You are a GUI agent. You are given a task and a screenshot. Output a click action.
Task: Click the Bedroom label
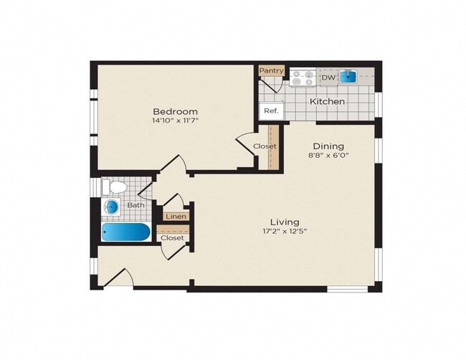pyautogui.click(x=175, y=111)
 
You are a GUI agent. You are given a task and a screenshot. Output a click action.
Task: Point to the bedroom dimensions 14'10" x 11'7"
pyautogui.click(x=175, y=122)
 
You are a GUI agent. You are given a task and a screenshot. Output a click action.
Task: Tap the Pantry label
pyautogui.click(x=272, y=70)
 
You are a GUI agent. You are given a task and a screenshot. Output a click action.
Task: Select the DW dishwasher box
pyautogui.click(x=328, y=77)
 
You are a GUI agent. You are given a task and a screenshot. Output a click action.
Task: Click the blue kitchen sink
pyautogui.click(x=348, y=76)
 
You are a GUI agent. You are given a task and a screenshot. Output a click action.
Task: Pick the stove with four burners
pyautogui.click(x=303, y=77)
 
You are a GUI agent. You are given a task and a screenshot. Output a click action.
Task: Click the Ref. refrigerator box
pyautogui.click(x=271, y=111)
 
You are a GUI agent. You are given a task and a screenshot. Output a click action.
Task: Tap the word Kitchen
pyautogui.click(x=327, y=102)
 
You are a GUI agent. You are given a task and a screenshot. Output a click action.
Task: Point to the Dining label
pyautogui.click(x=328, y=146)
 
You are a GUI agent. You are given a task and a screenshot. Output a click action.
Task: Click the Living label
pyautogui.click(x=285, y=222)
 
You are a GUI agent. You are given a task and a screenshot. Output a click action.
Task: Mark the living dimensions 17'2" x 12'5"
pyautogui.click(x=285, y=232)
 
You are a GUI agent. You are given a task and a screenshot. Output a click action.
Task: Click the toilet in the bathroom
pyautogui.click(x=115, y=187)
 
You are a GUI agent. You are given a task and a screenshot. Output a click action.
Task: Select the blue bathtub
pyautogui.click(x=125, y=232)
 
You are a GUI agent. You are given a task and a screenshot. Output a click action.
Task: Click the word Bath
pyautogui.click(x=136, y=206)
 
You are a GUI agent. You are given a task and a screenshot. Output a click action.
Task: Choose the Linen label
pyautogui.click(x=176, y=216)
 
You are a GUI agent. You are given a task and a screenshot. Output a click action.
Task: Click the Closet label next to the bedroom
pyautogui.click(x=265, y=146)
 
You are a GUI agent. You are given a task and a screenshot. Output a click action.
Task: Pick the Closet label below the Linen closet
pyautogui.click(x=172, y=237)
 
